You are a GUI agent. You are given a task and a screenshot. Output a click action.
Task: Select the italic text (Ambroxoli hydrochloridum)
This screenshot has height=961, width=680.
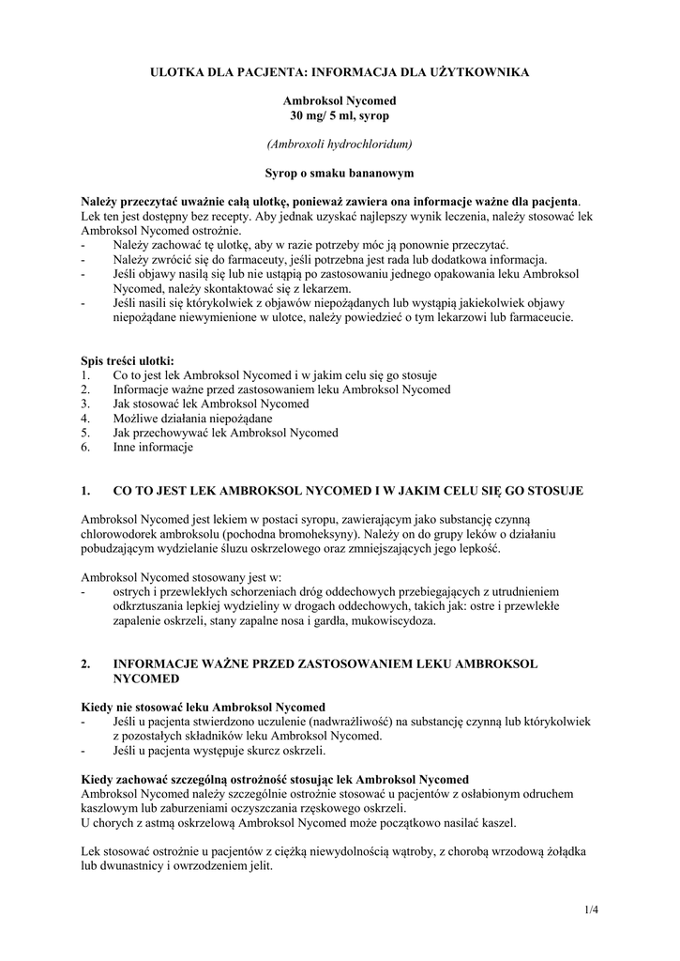point(340,144)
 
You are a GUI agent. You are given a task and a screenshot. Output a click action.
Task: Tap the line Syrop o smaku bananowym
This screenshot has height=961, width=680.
point(340,173)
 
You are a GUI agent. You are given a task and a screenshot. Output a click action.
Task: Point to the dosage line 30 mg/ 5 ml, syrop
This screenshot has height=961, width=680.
point(340,114)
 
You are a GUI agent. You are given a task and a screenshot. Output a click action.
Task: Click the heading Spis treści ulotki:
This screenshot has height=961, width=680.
point(128,359)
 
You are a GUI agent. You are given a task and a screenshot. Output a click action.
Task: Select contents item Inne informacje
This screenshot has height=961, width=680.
point(153,448)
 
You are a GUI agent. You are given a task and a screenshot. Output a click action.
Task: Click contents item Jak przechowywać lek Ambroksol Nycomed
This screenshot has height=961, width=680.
point(225,433)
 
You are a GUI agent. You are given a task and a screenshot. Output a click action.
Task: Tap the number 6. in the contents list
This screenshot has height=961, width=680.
point(86,448)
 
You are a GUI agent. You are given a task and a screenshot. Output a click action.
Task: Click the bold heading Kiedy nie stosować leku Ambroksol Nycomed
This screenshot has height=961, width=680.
point(204,707)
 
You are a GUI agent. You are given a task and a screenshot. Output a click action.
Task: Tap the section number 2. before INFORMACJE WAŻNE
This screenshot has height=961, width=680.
point(86,664)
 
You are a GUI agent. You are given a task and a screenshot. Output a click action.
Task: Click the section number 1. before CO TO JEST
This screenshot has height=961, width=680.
point(86,490)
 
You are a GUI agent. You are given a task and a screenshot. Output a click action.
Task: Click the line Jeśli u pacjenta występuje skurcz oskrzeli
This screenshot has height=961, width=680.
point(219,751)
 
